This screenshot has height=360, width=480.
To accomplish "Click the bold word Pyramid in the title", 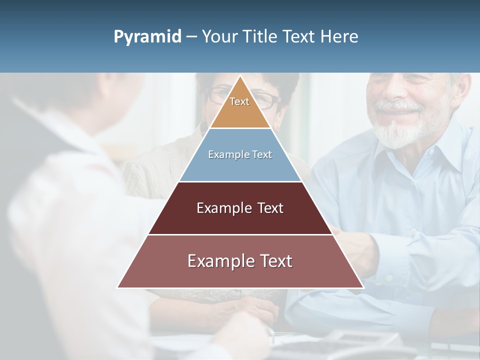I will click(x=147, y=37).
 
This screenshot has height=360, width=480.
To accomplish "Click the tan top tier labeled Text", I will click(x=239, y=107).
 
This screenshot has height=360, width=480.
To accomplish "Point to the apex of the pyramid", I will click(x=240, y=76).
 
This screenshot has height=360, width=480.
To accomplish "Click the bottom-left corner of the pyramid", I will click(x=118, y=287).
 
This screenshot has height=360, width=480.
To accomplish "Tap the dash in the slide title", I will click(x=191, y=37).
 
